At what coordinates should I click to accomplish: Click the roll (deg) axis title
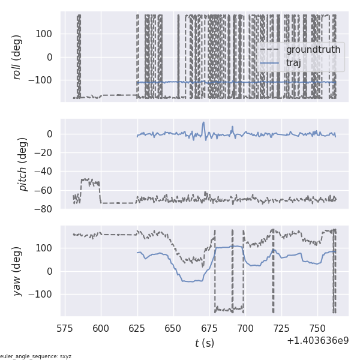click(x=17, y=57)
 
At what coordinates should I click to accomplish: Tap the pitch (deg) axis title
click(x=23, y=164)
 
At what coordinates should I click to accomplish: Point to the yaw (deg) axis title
click(x=17, y=271)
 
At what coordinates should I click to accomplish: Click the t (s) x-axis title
click(x=204, y=343)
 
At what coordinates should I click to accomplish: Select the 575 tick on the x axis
click(x=65, y=328)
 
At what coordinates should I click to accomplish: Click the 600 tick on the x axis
click(x=101, y=328)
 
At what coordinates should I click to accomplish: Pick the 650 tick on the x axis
click(x=173, y=328)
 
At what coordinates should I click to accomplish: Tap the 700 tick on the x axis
click(x=246, y=328)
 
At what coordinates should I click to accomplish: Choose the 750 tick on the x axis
click(x=318, y=328)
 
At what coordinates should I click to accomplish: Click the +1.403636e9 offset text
click(x=317, y=340)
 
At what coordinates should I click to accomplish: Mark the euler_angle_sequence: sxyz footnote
click(x=36, y=356)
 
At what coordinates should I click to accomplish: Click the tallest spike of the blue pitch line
click(x=203, y=122)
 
